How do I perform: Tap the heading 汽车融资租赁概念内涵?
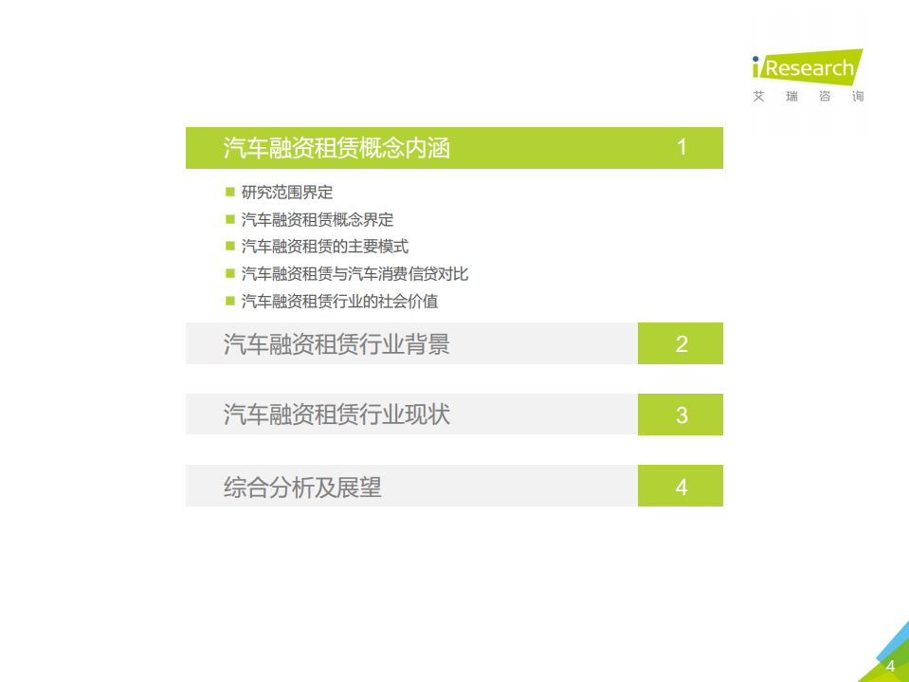336,148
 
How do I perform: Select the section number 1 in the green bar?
682,148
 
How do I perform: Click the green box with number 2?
681,343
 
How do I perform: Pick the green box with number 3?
681,415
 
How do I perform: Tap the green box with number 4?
681,487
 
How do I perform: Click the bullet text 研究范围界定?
287,193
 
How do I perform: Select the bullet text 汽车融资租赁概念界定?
318,220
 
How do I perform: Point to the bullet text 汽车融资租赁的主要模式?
325,247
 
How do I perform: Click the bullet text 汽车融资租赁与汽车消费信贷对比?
355,274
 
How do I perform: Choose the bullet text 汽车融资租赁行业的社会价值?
340,302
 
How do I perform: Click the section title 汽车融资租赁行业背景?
336,343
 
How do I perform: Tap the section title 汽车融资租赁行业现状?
336,415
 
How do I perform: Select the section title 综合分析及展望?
302,487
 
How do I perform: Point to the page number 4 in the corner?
890,666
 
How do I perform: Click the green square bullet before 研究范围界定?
229,192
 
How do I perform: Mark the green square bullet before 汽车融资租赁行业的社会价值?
229,301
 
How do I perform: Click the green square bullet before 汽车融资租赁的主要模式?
229,246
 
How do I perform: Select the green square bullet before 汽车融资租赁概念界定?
229,219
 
